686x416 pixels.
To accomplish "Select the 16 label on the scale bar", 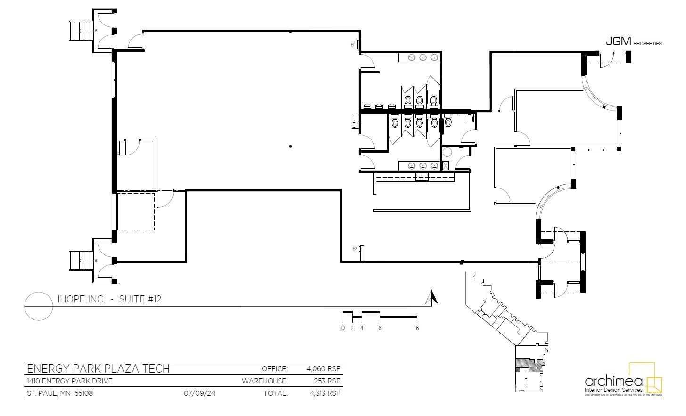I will point(416,328).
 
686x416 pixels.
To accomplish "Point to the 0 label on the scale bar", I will point(343,328).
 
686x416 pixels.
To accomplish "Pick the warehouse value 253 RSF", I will point(327,381).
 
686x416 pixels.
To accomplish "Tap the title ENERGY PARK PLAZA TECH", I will point(98,368).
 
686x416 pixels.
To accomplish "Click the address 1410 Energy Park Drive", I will point(69,381).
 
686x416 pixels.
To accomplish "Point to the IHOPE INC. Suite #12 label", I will point(109,299).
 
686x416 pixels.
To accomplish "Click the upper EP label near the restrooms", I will point(352,45).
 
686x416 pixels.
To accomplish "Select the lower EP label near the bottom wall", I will point(354,249).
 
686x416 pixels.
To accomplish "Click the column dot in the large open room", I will point(291,147).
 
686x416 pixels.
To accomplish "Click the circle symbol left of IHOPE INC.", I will point(38,306).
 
